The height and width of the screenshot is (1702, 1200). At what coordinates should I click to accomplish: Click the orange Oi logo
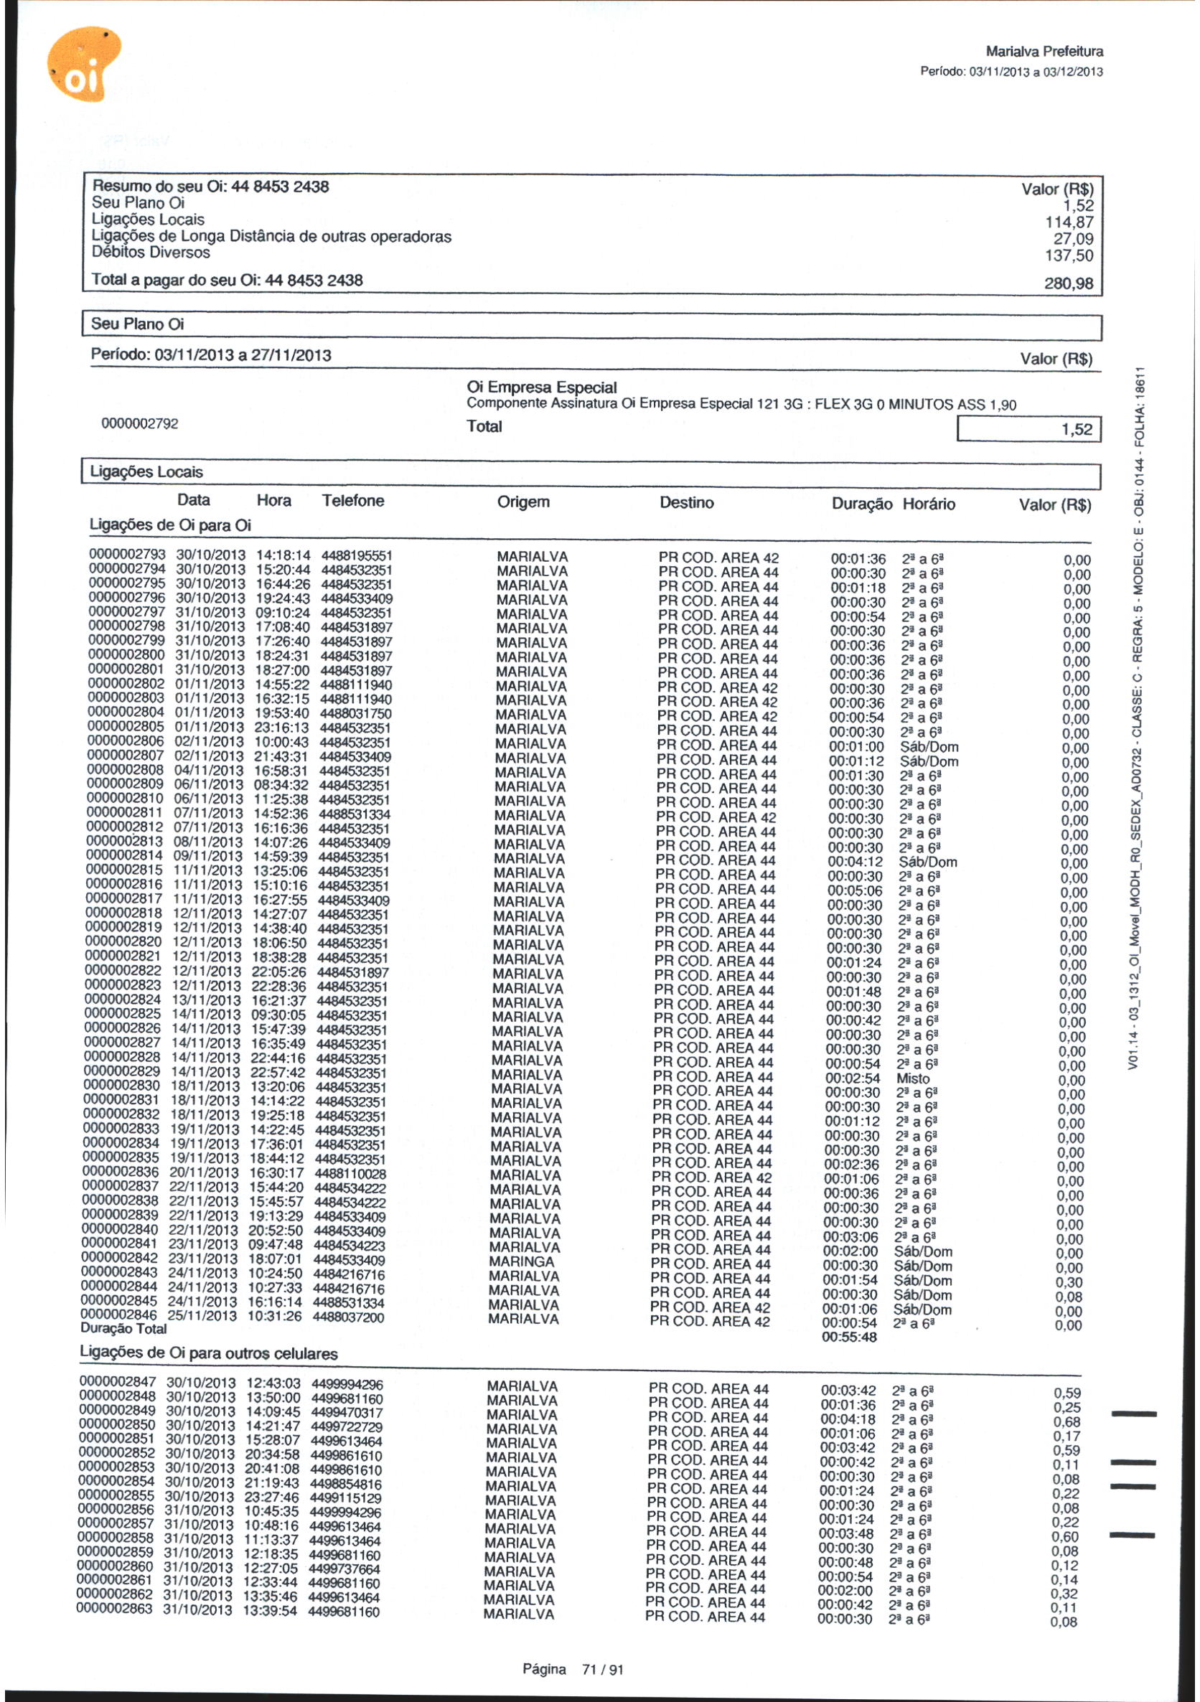click(83, 64)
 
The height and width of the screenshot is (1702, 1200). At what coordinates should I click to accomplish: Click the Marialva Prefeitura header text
click(1044, 52)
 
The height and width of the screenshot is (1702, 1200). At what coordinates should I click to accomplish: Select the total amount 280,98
click(1068, 283)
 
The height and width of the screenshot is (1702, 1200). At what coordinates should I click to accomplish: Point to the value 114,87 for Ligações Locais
click(1069, 222)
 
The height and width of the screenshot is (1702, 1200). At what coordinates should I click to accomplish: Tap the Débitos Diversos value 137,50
click(1069, 255)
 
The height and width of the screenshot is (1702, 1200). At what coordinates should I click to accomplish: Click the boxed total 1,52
click(1076, 429)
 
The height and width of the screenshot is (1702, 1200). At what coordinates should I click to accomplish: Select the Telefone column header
click(353, 501)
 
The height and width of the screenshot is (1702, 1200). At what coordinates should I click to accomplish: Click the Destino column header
click(687, 503)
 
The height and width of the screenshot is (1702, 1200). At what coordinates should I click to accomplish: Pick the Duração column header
click(862, 504)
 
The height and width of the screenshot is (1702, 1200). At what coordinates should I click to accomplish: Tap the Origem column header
click(524, 502)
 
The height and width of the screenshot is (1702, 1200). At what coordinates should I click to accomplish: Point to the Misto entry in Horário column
click(913, 1078)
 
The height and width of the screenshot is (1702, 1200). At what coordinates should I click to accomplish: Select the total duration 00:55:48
click(849, 1337)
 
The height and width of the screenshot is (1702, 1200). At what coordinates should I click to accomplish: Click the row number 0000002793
click(128, 555)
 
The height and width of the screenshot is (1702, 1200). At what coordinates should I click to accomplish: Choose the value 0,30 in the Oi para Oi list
click(1069, 1282)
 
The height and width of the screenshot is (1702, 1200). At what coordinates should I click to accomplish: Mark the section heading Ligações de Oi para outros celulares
click(208, 1353)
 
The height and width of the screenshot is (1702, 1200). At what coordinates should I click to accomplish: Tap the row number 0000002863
click(116, 1609)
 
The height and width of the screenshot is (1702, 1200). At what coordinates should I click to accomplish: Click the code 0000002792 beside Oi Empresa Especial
click(140, 424)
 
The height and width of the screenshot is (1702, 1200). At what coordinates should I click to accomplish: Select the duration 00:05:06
click(855, 891)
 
